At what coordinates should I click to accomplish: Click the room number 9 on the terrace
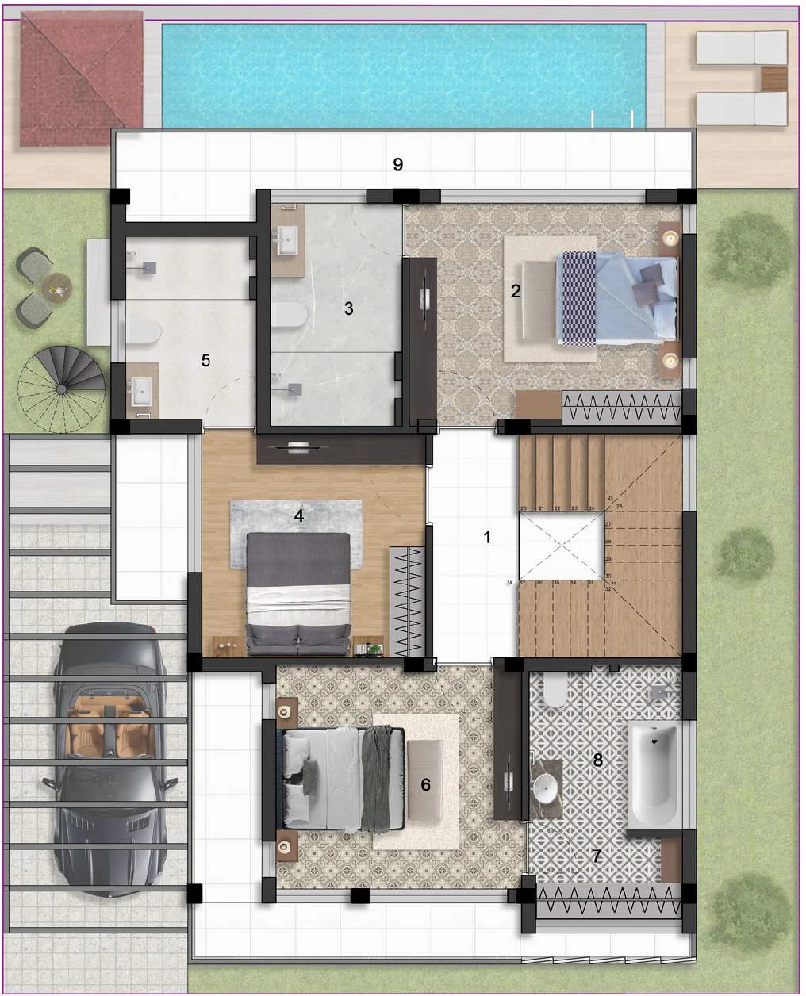[398, 164]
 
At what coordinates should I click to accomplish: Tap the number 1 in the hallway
[487, 537]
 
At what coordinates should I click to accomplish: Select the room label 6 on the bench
[426, 784]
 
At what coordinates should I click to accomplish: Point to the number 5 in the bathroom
[205, 360]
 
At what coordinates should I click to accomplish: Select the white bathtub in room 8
[654, 773]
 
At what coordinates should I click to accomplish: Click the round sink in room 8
[545, 788]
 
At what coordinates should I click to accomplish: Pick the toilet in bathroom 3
[289, 315]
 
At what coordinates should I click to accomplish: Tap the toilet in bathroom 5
[144, 331]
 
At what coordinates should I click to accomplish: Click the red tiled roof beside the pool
[80, 79]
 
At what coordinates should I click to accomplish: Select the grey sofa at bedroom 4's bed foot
[298, 638]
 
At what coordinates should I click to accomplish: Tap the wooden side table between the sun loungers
[773, 79]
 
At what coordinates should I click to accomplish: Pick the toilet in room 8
[555, 691]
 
